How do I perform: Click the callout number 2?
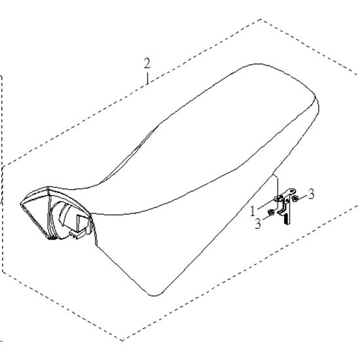tap(147, 63)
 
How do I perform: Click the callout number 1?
tap(253, 211)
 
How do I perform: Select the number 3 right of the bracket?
tap(311, 194)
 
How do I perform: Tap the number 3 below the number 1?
tap(258, 223)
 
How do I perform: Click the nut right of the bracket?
tap(295, 198)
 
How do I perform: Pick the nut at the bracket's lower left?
tap(271, 212)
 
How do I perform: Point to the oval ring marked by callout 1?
tap(279, 198)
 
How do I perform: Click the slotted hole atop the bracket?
tap(292, 190)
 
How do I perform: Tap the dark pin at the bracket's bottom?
tap(287, 219)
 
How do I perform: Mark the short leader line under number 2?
tap(148, 79)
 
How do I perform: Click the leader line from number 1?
tap(266, 205)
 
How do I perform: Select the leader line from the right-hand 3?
tap(303, 198)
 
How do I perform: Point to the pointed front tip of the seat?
tap(21, 204)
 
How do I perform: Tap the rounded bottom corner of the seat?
tap(154, 295)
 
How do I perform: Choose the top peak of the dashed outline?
tap(261, 20)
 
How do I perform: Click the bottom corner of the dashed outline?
tap(122, 340)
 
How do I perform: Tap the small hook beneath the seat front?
tap(77, 236)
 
